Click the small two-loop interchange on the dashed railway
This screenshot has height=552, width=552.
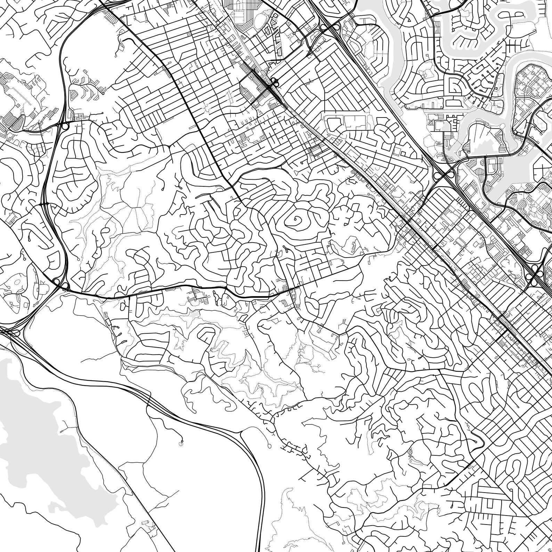point(275,83)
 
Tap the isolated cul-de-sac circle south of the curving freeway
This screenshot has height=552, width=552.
point(181,442)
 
